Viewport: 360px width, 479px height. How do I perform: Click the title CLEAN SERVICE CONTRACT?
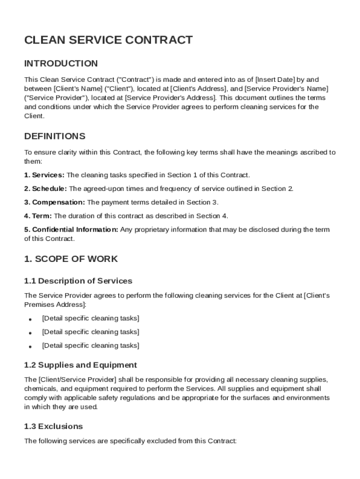[108, 40]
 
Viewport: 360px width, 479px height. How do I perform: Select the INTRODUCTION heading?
[61, 63]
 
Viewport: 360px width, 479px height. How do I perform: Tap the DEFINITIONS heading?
[55, 136]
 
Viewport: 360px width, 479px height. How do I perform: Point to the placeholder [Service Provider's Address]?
[171, 98]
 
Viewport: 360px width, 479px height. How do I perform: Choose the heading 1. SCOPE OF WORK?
[71, 259]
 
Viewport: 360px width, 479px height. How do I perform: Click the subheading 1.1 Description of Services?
[78, 281]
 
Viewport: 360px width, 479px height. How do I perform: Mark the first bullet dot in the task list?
[30, 319]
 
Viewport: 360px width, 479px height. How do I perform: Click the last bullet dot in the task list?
[30, 347]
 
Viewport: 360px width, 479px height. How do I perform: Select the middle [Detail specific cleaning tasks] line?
[90, 332]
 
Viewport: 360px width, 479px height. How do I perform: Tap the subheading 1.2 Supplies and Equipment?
[80, 365]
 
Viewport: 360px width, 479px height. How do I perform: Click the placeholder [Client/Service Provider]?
[78, 379]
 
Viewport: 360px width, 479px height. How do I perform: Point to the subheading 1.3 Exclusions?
[53, 426]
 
